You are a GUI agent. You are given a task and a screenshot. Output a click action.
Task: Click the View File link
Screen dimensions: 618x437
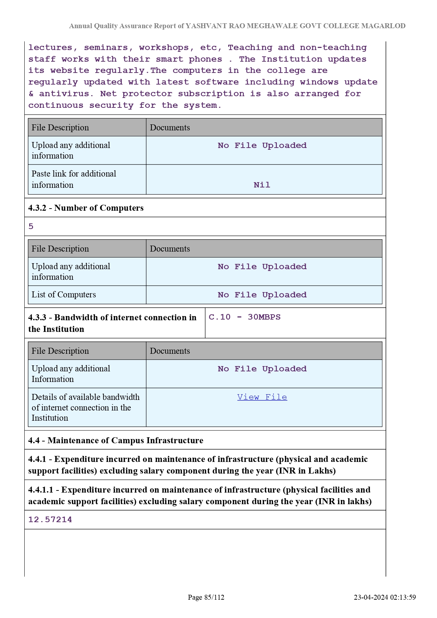(x=262, y=397)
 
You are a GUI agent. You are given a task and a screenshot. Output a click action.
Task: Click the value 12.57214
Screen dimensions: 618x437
(x=50, y=520)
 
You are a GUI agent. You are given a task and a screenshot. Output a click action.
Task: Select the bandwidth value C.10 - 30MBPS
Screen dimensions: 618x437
(x=245, y=317)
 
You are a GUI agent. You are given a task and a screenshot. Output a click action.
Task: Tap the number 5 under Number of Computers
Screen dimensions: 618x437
(x=31, y=227)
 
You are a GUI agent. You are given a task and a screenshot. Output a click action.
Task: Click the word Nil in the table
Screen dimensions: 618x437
(x=262, y=185)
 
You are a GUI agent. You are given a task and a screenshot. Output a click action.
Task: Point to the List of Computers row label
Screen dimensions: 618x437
(x=64, y=295)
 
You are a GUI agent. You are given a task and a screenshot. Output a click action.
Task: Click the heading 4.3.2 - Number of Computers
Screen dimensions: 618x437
(x=86, y=208)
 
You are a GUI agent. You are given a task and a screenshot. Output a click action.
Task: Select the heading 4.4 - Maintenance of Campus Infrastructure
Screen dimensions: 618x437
(x=116, y=440)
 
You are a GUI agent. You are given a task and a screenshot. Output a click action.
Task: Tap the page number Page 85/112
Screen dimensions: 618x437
(x=206, y=597)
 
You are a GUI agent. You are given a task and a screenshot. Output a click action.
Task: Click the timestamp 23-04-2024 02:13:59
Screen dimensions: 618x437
(x=385, y=597)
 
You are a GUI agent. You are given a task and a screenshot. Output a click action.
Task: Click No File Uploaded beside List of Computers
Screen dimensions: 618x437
(x=262, y=295)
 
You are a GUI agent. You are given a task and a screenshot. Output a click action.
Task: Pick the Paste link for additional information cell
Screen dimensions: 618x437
(x=74, y=179)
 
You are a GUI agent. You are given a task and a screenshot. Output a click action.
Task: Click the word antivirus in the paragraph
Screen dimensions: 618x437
(x=64, y=94)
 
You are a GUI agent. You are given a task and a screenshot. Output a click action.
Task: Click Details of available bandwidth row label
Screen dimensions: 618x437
(x=86, y=407)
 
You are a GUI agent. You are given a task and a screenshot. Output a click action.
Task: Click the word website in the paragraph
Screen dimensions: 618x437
(x=70, y=70)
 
